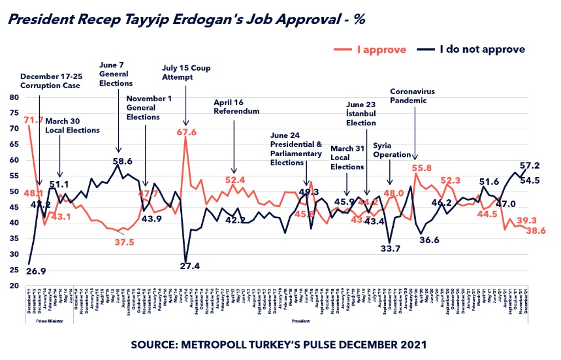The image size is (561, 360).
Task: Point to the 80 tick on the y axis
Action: pos(14,97)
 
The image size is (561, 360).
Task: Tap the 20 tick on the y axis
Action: pos(14,286)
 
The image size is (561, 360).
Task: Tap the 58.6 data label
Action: pos(122,160)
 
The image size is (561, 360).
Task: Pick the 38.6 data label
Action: pos(537,230)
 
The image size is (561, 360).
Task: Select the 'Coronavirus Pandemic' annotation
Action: pos(413,96)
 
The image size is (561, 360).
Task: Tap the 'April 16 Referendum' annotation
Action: pos(236,107)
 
